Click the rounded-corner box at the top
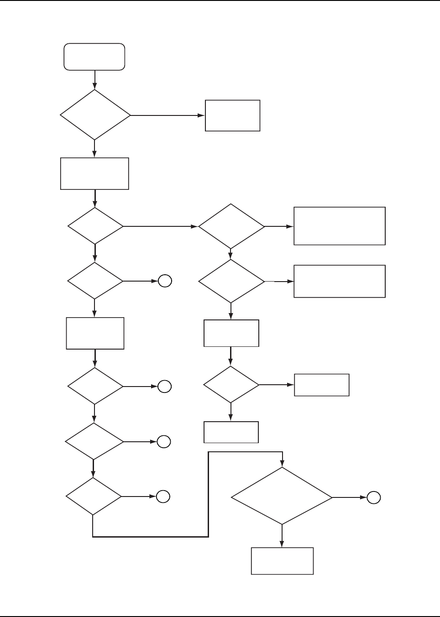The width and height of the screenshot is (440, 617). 94,57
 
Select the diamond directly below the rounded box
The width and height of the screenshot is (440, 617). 95,115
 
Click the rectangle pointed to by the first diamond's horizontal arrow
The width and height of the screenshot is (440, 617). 232,115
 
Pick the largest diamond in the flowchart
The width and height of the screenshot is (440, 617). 282,496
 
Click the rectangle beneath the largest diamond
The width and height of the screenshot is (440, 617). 282,561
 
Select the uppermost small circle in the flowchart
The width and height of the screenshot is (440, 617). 165,282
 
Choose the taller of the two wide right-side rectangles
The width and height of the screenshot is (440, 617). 340,226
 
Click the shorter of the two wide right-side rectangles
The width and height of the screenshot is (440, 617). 340,281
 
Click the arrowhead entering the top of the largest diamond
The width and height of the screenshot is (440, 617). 283,464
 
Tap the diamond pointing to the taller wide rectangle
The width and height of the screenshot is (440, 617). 231,226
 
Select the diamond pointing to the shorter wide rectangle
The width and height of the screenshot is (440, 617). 231,281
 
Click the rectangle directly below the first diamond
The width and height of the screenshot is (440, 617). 94,173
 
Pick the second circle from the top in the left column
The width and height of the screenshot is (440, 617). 165,387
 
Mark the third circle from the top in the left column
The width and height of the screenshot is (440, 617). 164,441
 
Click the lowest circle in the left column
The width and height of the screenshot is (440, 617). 163,497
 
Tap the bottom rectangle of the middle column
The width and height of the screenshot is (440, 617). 231,432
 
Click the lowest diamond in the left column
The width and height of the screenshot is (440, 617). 94,497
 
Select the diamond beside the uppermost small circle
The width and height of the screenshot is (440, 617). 95,281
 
